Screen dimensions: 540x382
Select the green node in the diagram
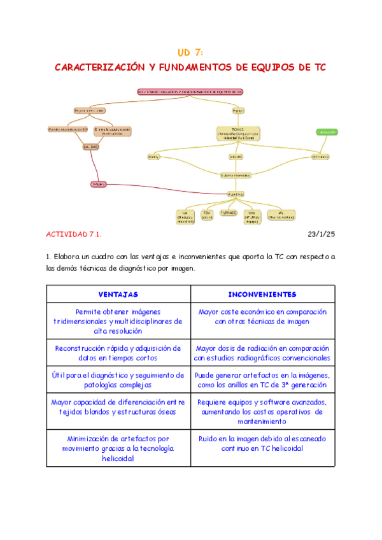(x=327, y=132)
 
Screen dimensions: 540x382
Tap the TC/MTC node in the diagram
(x=237, y=133)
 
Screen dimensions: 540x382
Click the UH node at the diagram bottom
(x=185, y=216)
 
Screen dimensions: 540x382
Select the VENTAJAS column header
(x=118, y=294)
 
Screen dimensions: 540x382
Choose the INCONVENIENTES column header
(x=262, y=294)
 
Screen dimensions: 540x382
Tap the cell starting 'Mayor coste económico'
(x=262, y=317)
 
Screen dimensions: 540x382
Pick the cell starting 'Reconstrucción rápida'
(x=118, y=353)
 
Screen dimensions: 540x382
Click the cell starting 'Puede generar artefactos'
(x=262, y=380)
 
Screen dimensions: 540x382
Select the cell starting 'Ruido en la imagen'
(x=262, y=444)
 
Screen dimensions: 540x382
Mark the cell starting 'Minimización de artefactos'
(x=118, y=448)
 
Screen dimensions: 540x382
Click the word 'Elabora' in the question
(x=71, y=257)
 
